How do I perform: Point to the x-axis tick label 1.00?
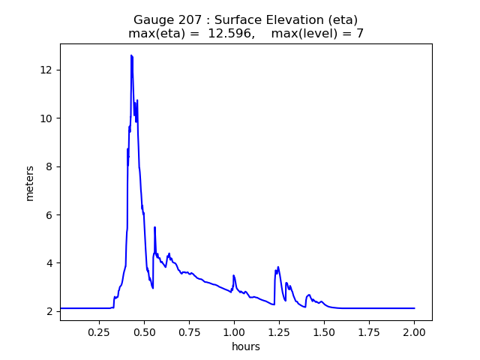pos(234,331)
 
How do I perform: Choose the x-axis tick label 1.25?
pos(279,331)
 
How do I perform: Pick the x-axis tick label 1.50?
pos(324,331)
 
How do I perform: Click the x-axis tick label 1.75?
pos(369,331)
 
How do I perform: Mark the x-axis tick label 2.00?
pos(414,331)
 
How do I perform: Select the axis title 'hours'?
pos(246,346)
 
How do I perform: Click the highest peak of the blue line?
pos(131,55)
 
